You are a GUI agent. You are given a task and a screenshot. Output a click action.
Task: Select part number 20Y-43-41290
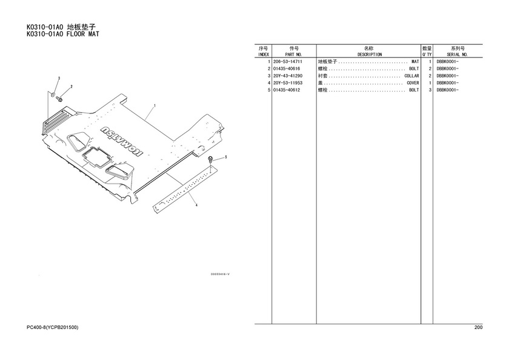click(288, 76)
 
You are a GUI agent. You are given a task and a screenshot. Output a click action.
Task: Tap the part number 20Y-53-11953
click(288, 83)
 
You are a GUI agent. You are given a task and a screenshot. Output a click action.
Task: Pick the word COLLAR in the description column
click(411, 76)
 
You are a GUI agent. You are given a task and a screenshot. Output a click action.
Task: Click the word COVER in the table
click(413, 83)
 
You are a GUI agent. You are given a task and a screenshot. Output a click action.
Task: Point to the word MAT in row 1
click(415, 62)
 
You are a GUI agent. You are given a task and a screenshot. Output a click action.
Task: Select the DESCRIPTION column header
click(370, 55)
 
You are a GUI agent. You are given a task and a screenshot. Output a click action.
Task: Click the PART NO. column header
click(293, 55)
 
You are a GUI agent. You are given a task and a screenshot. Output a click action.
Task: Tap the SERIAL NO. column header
click(457, 55)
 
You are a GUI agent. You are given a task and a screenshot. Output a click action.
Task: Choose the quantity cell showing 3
click(430, 90)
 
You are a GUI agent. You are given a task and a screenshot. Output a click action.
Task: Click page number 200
click(478, 327)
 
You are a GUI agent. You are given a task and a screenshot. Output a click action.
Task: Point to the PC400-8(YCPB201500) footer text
click(53, 327)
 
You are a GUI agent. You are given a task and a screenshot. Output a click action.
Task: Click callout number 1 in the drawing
click(155, 105)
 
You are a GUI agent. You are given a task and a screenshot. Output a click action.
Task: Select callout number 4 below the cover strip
click(196, 205)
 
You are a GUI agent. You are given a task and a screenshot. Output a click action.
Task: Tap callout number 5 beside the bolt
click(226, 157)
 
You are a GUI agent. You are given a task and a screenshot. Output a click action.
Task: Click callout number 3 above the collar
click(59, 78)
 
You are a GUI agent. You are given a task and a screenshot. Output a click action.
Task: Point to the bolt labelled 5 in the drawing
click(210, 159)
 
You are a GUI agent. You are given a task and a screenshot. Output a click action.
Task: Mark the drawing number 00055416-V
click(221, 275)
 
